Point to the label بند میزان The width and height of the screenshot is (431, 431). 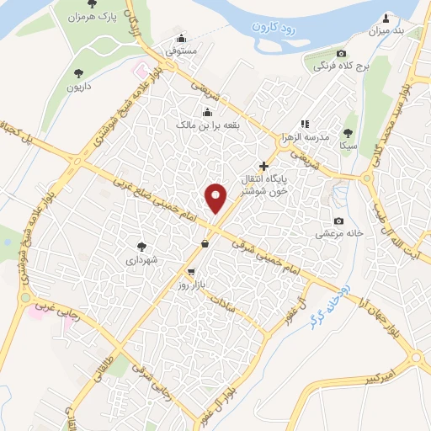coord(387,31)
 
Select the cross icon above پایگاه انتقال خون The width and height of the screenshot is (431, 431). coord(265,165)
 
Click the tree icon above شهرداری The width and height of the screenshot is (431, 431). coord(142,247)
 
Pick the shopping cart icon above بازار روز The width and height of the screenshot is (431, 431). coord(192,271)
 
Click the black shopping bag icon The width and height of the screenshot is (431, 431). coord(205,244)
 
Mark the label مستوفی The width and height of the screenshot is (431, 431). coord(182,52)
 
